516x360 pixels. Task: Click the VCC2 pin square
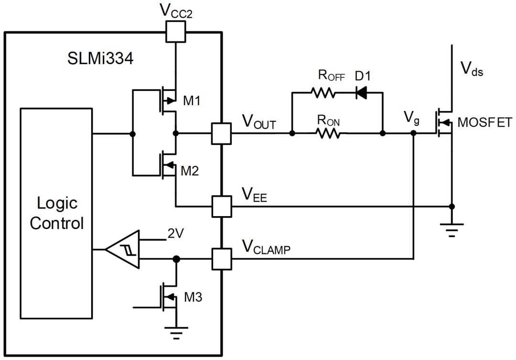pos(176,32)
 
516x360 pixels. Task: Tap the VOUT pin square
pos(221,133)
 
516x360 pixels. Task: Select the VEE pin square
pos(221,207)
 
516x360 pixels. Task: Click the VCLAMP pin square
pos(221,259)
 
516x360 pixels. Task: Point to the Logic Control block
pos(56,213)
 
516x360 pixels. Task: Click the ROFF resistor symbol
pos(323,93)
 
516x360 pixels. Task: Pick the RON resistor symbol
pos(328,133)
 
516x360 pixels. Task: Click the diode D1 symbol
pos(362,93)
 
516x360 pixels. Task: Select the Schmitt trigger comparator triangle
pos(122,250)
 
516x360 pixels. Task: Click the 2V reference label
pos(176,233)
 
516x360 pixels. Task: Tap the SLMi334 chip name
pos(100,59)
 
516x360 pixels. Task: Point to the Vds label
pos(472,69)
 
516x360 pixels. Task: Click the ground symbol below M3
pos(176,333)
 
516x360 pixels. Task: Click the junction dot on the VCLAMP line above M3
pos(176,259)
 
